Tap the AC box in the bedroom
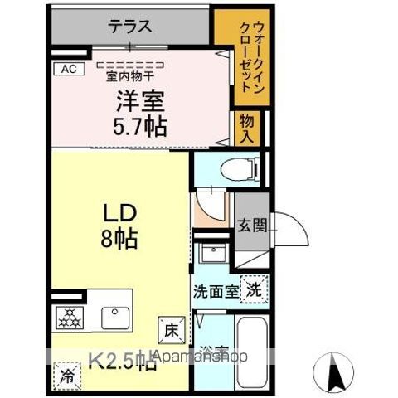69,70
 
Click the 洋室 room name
139,103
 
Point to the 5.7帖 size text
139,127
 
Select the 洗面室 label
216,292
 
